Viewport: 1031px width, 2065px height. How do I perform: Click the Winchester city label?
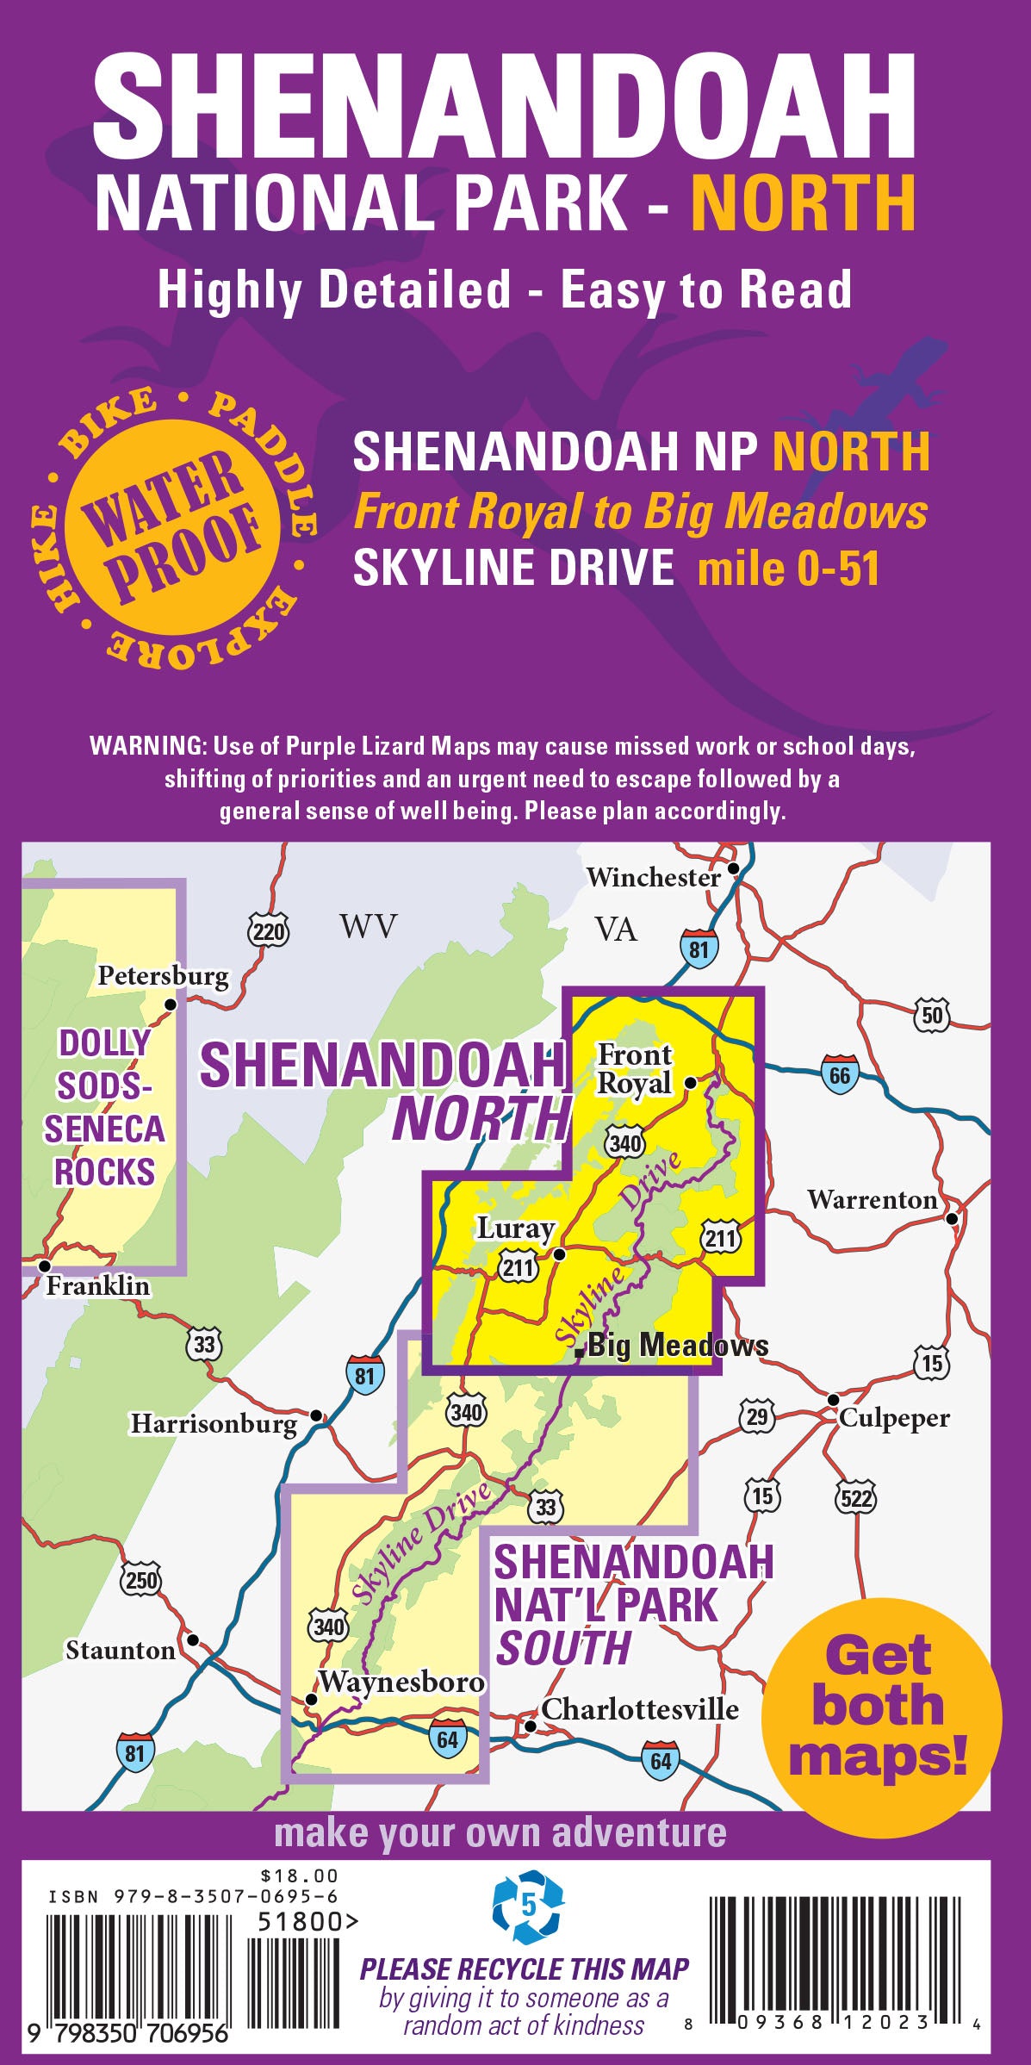pyautogui.click(x=653, y=878)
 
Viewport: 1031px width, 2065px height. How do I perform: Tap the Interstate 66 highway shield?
pyautogui.click(x=840, y=1074)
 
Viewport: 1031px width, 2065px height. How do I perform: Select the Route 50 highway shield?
pyautogui.click(x=933, y=1015)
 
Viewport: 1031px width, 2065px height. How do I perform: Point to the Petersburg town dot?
pyautogui.click(x=171, y=1005)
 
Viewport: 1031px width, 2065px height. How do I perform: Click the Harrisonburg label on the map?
pyautogui.click(x=214, y=1423)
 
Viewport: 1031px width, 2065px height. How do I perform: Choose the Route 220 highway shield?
pyautogui.click(x=268, y=931)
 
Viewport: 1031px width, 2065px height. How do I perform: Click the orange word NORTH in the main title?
pyautogui.click(x=804, y=202)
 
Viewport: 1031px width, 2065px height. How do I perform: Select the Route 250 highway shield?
pyautogui.click(x=142, y=1580)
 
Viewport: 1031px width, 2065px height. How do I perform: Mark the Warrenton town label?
pyautogui.click(x=872, y=1200)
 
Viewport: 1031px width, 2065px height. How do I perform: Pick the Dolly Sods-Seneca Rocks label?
pyautogui.click(x=104, y=1107)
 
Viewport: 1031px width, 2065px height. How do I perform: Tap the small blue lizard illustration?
pyautogui.click(x=891, y=378)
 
